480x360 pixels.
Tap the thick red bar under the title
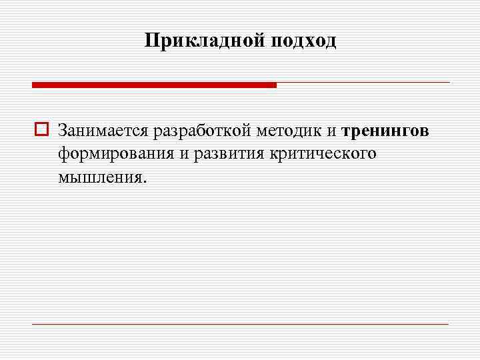154,85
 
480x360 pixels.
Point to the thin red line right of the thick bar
363,83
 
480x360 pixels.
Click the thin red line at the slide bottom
240,324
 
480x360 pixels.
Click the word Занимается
103,130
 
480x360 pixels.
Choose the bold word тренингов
385,131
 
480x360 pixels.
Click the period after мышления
143,181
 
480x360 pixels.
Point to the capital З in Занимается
62,129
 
